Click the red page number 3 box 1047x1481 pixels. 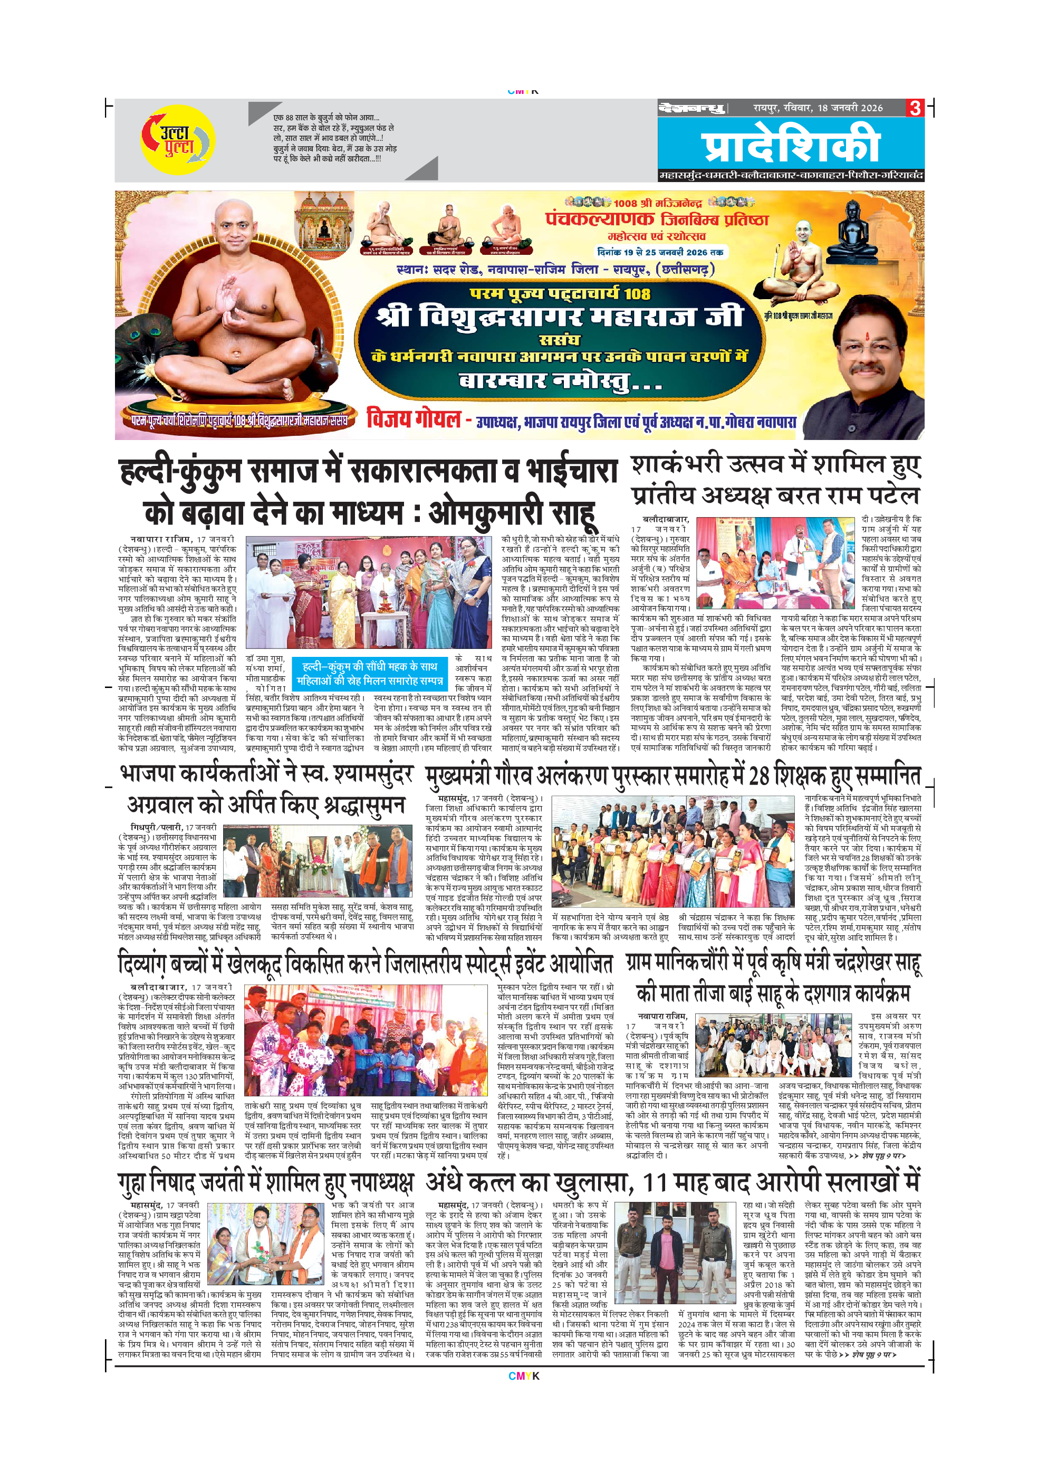coord(914,108)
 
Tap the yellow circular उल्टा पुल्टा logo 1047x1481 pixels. coord(177,140)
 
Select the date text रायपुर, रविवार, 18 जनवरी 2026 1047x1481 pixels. coord(818,108)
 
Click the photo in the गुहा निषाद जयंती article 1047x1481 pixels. coord(268,1255)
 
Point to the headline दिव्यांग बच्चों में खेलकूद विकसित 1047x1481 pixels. coord(365,966)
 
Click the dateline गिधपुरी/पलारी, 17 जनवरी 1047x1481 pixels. coord(174,827)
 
